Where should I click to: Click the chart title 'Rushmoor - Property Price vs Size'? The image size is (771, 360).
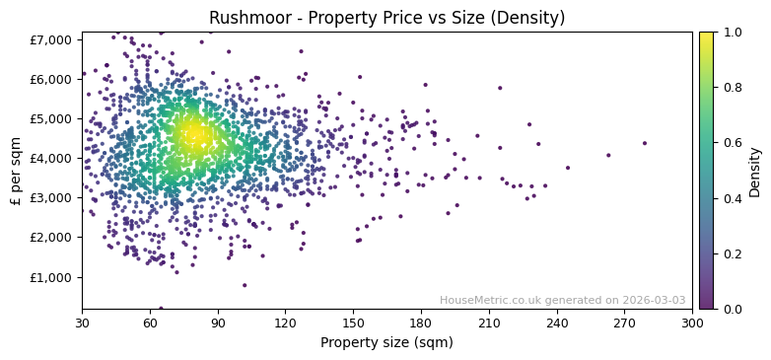point(386,18)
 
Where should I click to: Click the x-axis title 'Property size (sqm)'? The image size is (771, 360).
point(386,343)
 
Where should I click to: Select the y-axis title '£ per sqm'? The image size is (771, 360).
point(16,170)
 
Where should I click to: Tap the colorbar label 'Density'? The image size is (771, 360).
point(754,170)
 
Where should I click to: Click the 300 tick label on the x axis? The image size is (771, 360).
point(692,323)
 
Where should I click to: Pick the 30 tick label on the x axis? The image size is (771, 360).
point(82,323)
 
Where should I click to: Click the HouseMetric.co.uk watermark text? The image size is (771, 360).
point(562,300)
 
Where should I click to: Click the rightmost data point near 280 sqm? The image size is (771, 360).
point(645,143)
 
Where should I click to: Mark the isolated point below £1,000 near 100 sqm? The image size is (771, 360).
point(245,285)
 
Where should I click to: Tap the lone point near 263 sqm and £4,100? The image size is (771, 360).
point(608,155)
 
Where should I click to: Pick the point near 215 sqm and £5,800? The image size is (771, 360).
point(500,88)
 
